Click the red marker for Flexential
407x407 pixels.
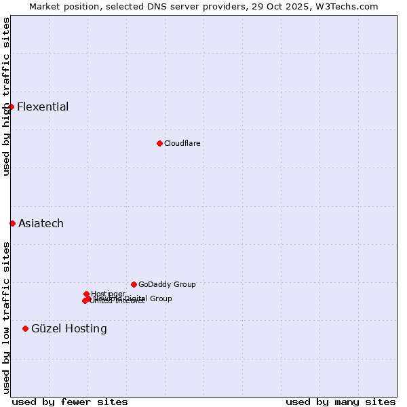pos(12,106)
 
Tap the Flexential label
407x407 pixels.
pos(43,106)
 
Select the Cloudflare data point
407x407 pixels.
pos(159,143)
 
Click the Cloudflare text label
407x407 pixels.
pos(182,143)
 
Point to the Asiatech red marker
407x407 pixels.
pos(12,223)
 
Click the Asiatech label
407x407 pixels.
pos(41,223)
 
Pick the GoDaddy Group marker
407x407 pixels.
pos(134,284)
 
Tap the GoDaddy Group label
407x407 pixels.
pos(167,284)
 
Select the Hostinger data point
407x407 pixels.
pos(86,294)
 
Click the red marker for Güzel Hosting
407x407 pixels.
pos(25,328)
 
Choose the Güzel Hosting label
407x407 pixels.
pos(69,328)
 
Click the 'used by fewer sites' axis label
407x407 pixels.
pos(70,402)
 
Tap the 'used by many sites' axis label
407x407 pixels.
pos(341,402)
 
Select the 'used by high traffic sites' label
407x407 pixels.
pos(7,96)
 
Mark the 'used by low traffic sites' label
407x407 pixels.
pos(7,317)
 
